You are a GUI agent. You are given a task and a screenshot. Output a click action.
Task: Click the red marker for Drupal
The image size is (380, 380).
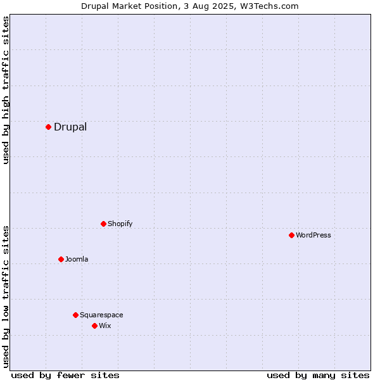(48, 127)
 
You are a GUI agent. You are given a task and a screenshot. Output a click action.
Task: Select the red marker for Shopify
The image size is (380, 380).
(103, 224)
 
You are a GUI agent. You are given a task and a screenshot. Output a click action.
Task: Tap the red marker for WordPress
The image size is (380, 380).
(291, 235)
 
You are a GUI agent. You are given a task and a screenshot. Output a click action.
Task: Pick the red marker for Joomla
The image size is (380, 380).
(61, 259)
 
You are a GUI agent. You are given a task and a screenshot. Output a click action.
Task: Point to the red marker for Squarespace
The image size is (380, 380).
(75, 315)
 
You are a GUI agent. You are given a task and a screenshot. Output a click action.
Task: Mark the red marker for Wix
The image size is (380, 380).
(94, 326)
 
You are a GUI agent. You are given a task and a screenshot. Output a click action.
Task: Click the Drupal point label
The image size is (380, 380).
(70, 127)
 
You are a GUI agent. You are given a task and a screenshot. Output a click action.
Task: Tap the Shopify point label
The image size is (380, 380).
(120, 224)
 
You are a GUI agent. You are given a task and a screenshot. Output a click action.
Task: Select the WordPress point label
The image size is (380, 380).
(313, 235)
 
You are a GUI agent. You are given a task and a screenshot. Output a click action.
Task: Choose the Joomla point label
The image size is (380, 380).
(77, 259)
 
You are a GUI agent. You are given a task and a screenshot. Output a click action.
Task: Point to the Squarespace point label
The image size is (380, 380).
(101, 315)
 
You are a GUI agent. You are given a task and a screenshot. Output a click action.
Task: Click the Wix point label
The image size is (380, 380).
(105, 326)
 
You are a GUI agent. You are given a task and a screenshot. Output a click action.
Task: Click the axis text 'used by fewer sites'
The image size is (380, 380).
(65, 375)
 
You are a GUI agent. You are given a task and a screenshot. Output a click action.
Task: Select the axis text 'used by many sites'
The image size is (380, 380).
(318, 375)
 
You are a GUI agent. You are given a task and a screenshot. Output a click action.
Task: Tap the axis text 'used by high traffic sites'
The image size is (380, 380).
(6, 91)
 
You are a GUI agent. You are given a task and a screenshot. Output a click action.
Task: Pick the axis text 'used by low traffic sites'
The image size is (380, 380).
(6, 296)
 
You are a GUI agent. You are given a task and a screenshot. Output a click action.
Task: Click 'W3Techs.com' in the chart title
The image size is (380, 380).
(273, 6)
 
